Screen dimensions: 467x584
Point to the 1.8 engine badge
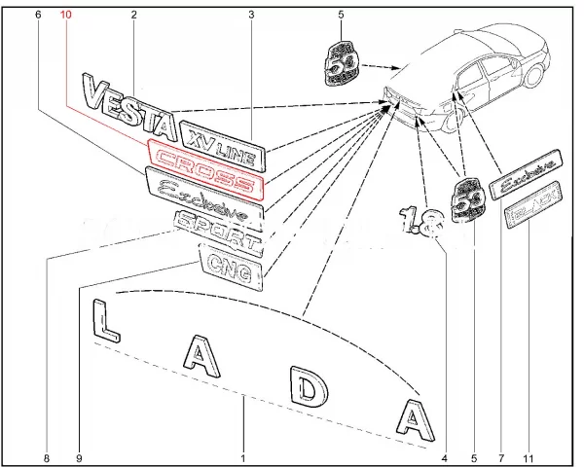[420, 223]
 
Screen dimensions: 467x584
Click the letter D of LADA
[308, 389]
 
